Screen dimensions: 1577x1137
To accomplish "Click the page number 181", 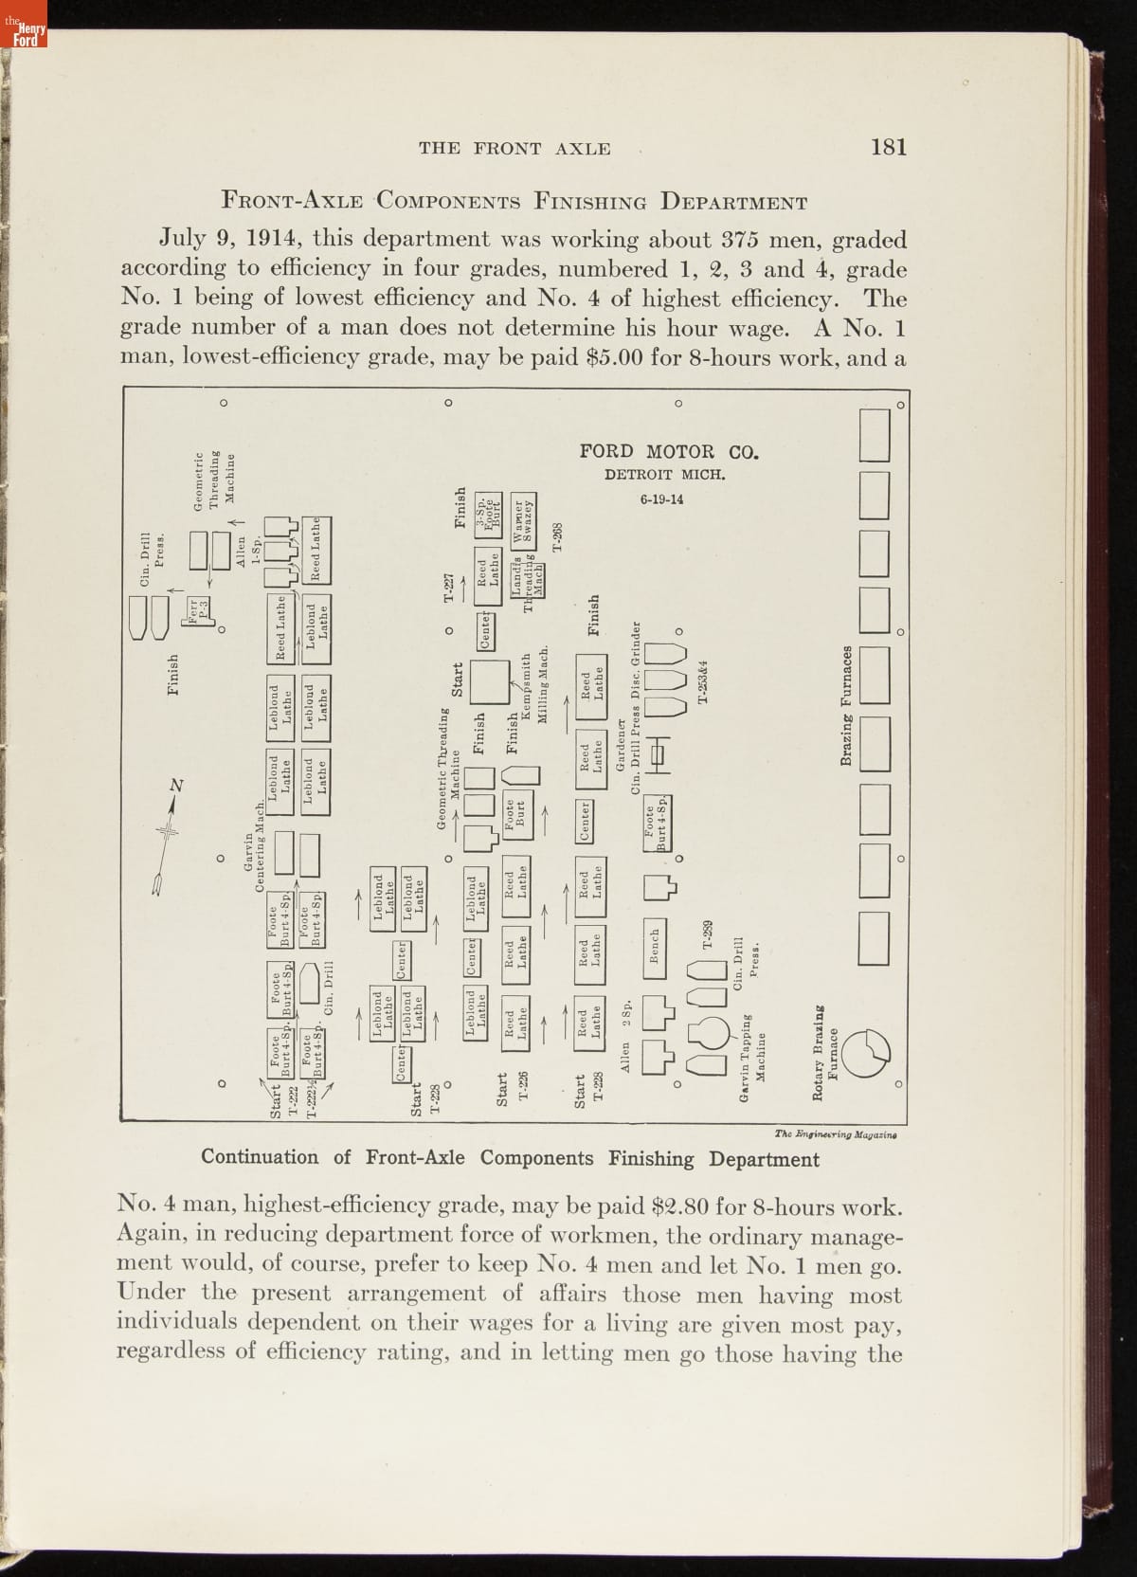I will point(888,147).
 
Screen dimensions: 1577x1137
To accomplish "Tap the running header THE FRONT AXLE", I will point(514,148).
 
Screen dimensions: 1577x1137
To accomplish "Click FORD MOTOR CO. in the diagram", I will point(669,451).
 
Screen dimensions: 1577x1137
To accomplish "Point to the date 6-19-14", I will point(661,499).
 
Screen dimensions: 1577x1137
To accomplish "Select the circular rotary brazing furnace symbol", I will point(866,1053).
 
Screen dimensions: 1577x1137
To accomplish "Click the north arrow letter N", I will point(175,785).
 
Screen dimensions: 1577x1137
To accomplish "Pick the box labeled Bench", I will point(655,945).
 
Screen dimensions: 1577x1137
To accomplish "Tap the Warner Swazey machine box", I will point(524,518).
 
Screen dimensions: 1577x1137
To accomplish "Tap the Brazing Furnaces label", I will point(846,706).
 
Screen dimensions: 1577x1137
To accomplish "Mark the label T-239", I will point(707,933).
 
